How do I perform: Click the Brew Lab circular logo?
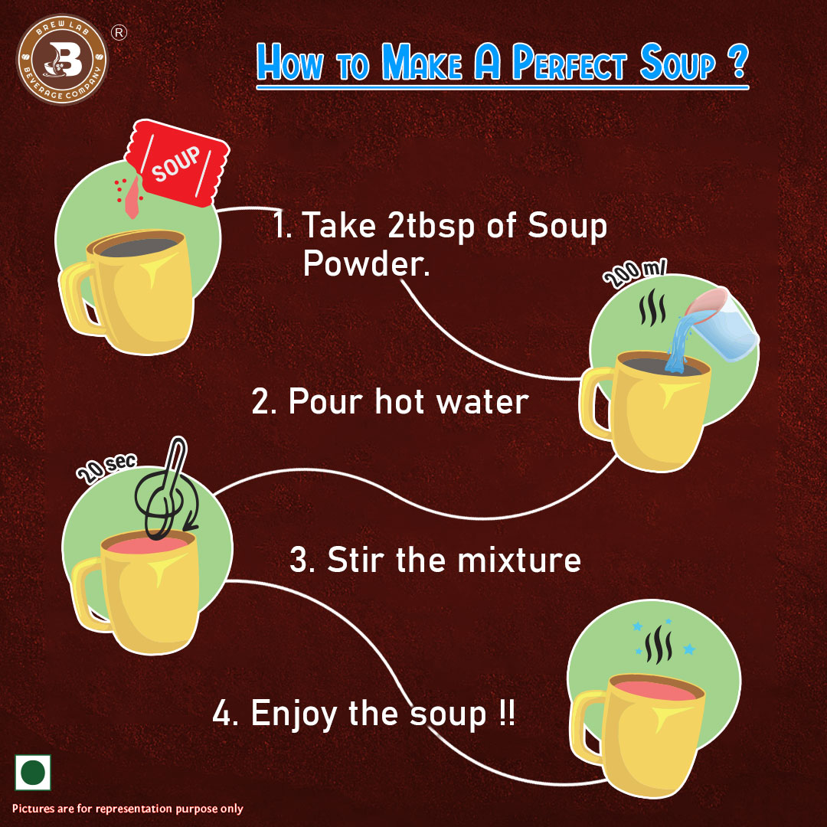[62, 59]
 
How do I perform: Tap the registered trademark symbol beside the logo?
[119, 33]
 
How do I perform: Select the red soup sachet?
[177, 162]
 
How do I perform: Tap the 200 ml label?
[636, 273]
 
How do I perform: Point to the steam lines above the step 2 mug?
[652, 306]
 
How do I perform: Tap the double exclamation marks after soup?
[506, 713]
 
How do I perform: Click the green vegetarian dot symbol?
[33, 772]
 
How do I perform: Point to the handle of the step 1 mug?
[79, 298]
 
